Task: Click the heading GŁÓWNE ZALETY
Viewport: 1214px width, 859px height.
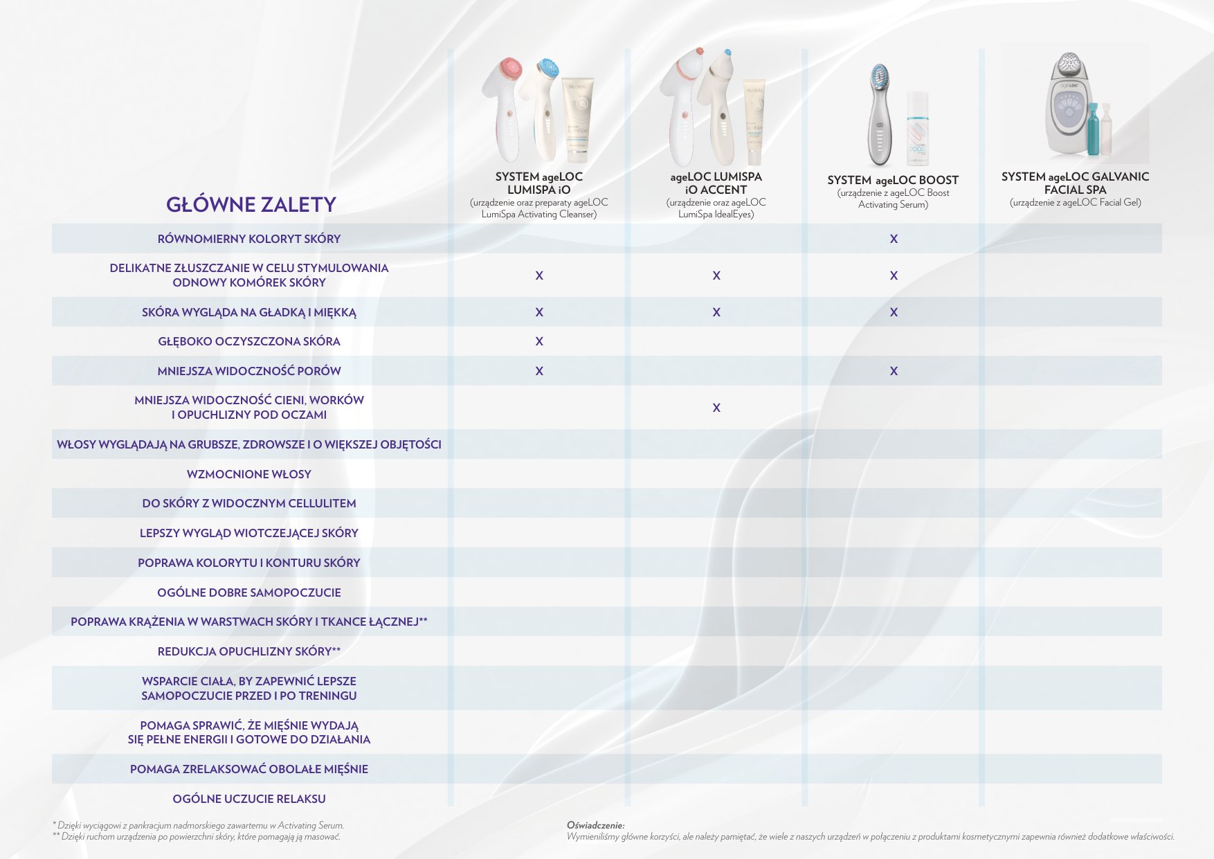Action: pos(251,205)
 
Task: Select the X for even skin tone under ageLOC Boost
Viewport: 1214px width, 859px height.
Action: pos(894,239)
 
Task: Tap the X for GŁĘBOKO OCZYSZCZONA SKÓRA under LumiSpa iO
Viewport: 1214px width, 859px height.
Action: pos(539,341)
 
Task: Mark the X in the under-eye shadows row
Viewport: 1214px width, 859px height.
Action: pos(716,408)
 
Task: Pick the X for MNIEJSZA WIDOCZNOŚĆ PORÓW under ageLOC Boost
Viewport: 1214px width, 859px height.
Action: pos(894,371)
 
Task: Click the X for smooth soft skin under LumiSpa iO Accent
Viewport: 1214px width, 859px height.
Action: pos(716,312)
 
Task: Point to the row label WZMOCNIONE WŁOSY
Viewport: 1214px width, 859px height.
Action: pos(249,474)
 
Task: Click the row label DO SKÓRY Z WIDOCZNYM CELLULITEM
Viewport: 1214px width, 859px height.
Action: pos(249,503)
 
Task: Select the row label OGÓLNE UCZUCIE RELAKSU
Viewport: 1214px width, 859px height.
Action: pos(249,799)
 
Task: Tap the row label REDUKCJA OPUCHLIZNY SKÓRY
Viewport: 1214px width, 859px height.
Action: pos(249,651)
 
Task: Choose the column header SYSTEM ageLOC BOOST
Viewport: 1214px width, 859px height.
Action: pos(893,180)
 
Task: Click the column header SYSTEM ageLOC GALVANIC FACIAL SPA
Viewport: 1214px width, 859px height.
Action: pos(1075,183)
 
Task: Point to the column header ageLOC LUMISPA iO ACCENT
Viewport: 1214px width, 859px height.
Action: pos(716,183)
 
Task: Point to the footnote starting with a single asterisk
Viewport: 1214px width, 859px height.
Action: pos(199,825)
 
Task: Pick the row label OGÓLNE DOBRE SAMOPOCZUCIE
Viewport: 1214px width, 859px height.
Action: pos(249,593)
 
